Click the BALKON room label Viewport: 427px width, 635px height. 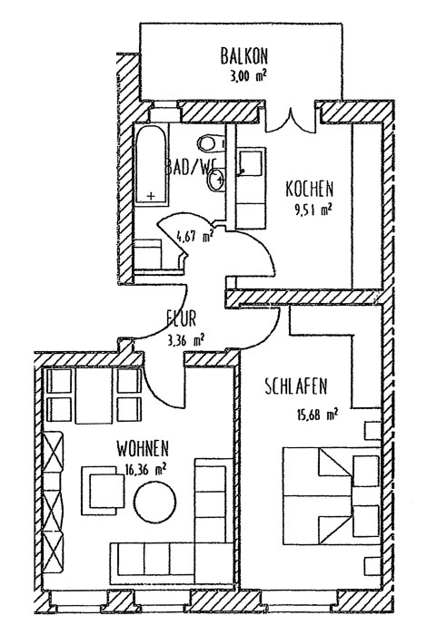click(244, 56)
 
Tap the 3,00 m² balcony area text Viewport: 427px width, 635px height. click(248, 76)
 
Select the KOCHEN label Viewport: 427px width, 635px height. click(310, 189)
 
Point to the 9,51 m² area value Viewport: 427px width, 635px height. click(313, 210)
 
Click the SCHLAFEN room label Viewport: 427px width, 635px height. click(295, 386)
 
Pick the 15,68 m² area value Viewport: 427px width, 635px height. click(317, 415)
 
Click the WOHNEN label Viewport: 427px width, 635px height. click(143, 449)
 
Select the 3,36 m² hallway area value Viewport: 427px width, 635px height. click(185, 340)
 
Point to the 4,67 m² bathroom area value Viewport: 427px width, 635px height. click(194, 235)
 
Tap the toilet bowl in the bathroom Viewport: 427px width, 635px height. click(211, 142)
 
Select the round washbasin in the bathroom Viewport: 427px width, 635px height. click(216, 180)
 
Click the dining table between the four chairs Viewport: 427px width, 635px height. click(94, 396)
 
